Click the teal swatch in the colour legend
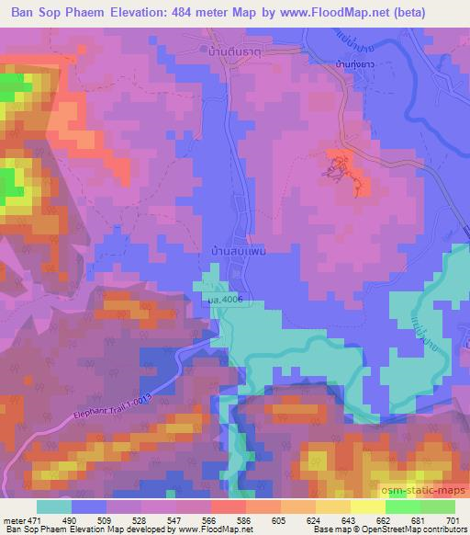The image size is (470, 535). (x=54, y=507)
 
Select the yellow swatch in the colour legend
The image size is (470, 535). (x=368, y=507)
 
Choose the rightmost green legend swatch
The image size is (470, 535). (x=437, y=507)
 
